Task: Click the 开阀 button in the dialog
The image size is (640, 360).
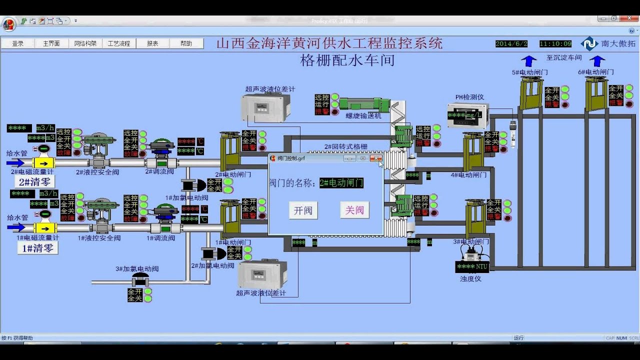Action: pyautogui.click(x=303, y=210)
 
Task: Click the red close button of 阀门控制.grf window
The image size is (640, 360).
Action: pyautogui.click(x=376, y=158)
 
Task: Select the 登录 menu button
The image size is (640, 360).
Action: pyautogui.click(x=18, y=43)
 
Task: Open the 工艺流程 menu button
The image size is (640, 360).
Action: pyautogui.click(x=119, y=43)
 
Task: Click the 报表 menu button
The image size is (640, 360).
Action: pyautogui.click(x=152, y=43)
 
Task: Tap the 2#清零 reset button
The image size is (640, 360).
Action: pyautogui.click(x=36, y=182)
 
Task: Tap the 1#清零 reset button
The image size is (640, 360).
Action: pyautogui.click(x=37, y=248)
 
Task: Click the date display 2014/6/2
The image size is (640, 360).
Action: pyautogui.click(x=511, y=43)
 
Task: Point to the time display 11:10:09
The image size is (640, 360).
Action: pyautogui.click(x=555, y=43)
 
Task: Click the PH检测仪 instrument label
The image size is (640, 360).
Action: pyautogui.click(x=469, y=97)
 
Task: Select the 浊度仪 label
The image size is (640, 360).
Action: pyautogui.click(x=470, y=278)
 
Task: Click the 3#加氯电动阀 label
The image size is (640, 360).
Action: pyautogui.click(x=137, y=268)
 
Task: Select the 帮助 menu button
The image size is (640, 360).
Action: pyautogui.click(x=186, y=43)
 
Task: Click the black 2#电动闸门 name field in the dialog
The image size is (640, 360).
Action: pyautogui.click(x=341, y=183)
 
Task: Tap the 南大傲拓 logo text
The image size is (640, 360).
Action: pyautogui.click(x=618, y=43)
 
